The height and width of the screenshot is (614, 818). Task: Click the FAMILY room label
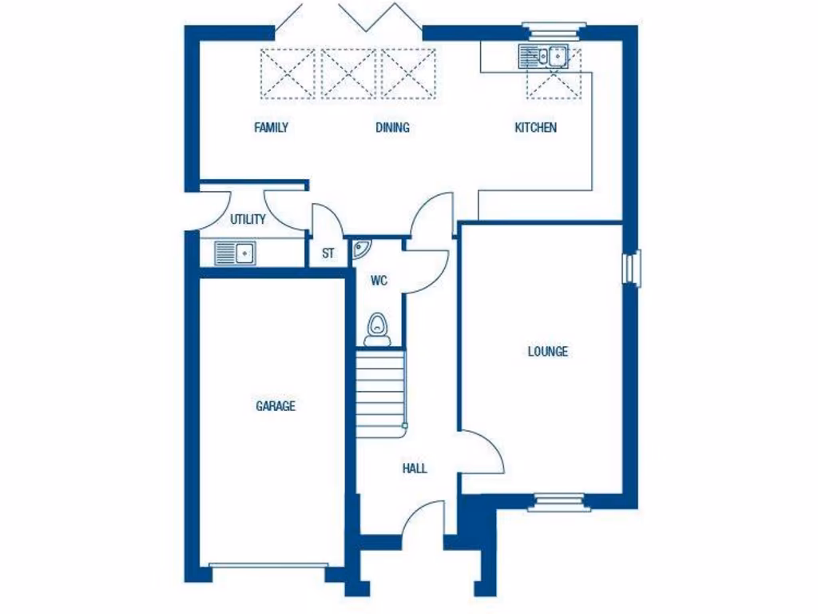271,127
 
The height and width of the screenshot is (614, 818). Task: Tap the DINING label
392,127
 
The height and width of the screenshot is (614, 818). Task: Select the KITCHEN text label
535,127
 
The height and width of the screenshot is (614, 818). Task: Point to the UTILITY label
248,219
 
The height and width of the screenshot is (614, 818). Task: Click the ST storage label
328,254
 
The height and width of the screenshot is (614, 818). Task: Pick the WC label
379,281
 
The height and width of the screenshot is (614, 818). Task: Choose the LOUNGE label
548,351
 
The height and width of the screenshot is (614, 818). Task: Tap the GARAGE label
276,406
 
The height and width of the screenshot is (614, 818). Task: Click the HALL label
415,468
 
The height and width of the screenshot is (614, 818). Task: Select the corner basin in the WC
360,248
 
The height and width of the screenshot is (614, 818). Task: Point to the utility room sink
234,254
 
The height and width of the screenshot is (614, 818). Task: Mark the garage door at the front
268,566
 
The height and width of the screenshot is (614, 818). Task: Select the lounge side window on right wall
633,267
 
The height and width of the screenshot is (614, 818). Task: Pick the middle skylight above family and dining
347,74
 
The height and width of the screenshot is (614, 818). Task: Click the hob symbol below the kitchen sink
554,84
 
